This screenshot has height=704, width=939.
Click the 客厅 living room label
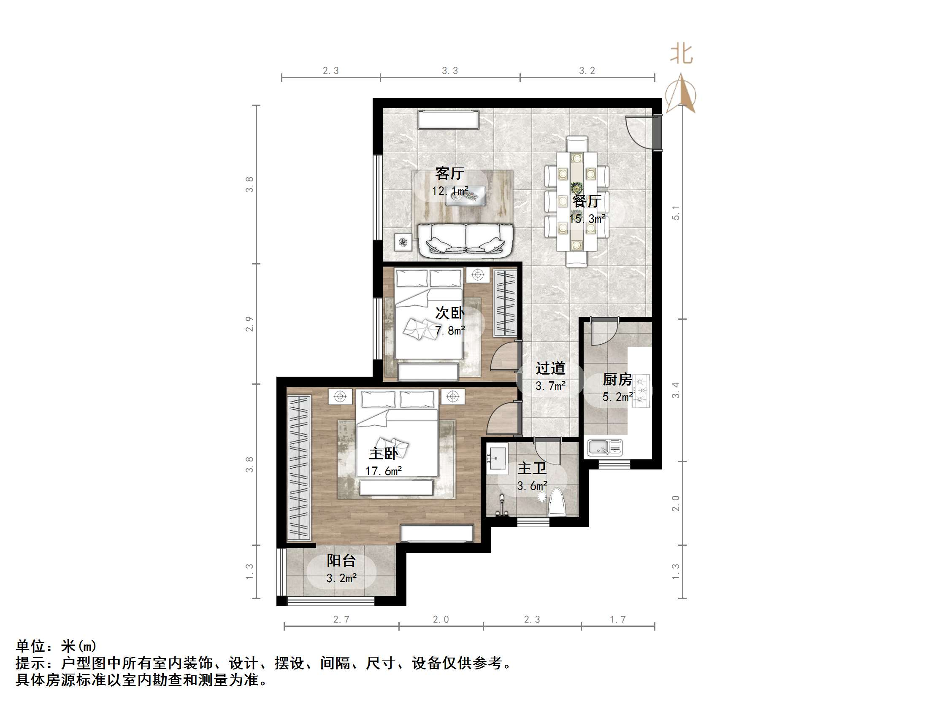coord(449,173)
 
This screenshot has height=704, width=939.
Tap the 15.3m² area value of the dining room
coord(587,218)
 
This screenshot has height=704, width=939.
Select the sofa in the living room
coord(465,240)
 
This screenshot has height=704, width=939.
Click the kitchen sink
coord(604,448)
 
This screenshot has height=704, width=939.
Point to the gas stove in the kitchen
coord(641,391)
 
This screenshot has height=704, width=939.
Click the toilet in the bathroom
coord(557,503)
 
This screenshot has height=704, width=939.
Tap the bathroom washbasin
coord(497,459)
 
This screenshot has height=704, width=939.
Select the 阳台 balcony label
coord(341,561)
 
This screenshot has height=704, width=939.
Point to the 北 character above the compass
coord(681,54)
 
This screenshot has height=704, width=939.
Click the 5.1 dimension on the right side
coord(675,213)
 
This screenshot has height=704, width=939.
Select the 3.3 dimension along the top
coord(449,71)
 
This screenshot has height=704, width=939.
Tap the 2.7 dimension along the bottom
coord(341,620)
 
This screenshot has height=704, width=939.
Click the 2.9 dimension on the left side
coord(249,324)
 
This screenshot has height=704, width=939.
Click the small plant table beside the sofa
coord(403,242)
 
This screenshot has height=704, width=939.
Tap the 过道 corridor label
coord(550,368)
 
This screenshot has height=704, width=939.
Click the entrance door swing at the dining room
coord(641,131)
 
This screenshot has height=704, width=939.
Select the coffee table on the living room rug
coord(465,196)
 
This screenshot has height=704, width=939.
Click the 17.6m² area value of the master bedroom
coord(383,471)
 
